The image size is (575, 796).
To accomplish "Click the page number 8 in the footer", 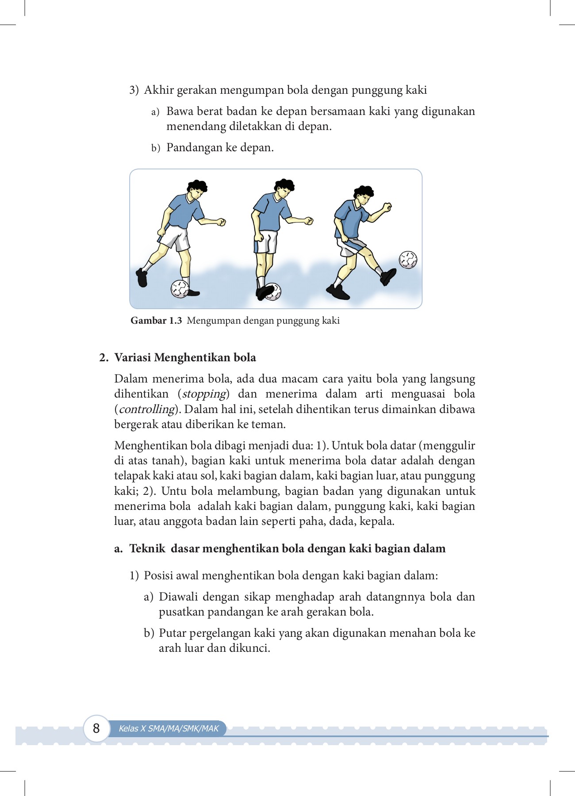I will coord(96,728).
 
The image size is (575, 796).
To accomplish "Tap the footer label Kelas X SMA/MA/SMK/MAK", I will coord(169,728).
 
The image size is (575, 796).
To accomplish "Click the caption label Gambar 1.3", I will coord(156,321).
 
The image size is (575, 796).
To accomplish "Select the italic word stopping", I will coord(204,394).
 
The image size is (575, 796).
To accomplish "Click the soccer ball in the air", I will coord(408,260).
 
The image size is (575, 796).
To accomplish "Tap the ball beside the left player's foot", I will coord(180,289).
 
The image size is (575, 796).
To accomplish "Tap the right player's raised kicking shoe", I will coord(388,276).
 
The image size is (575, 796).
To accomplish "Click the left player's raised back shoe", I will coord(142,278).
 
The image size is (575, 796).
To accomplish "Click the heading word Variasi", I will coord(133,357).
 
